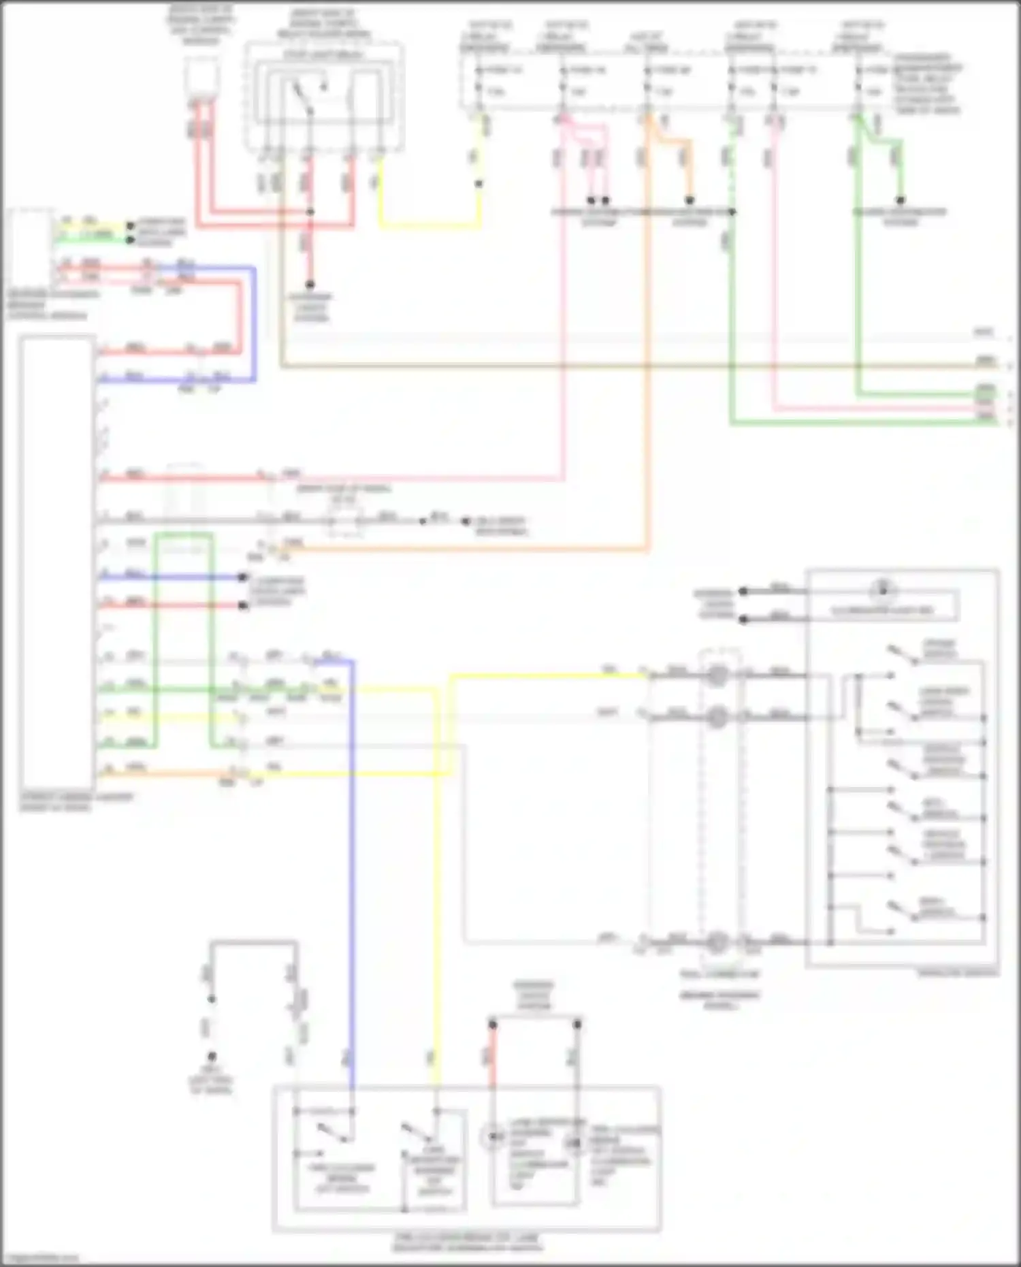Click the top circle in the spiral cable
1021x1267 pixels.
click(716, 675)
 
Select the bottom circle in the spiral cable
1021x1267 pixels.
click(716, 942)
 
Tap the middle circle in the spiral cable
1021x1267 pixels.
click(717, 717)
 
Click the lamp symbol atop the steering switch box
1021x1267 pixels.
click(882, 590)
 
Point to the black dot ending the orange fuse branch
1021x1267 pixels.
click(690, 201)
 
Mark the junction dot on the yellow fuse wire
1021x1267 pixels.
click(479, 184)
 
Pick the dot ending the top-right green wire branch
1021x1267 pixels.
click(900, 201)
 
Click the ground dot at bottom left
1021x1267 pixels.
click(212, 1057)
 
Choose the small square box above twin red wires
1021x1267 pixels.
click(202, 76)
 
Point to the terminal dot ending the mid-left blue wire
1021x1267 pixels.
click(243, 577)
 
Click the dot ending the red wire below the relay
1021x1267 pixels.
click(310, 285)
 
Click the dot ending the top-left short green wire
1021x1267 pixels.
click(129, 239)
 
